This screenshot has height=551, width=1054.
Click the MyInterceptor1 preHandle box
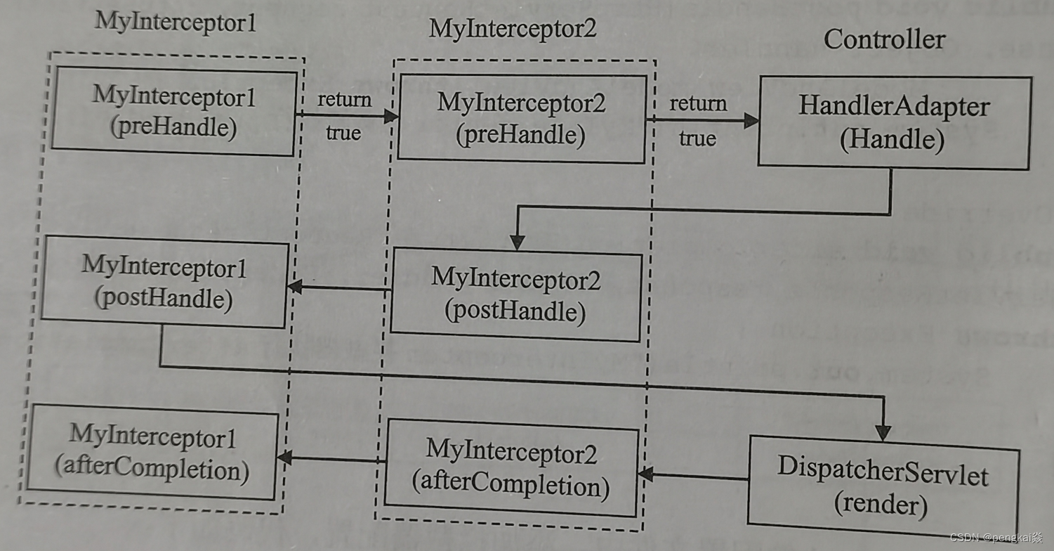pyautogui.click(x=173, y=111)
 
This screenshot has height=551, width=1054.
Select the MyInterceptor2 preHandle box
pyautogui.click(x=521, y=119)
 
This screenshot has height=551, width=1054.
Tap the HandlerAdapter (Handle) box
pyautogui.click(x=893, y=123)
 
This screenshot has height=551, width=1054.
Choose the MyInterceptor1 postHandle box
pyautogui.click(x=164, y=284)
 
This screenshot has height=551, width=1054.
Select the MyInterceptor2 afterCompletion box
pyautogui.click(x=511, y=467)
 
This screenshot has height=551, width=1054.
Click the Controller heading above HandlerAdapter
pyautogui.click(x=884, y=39)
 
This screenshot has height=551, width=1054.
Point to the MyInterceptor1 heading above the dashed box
pyautogui.click(x=175, y=21)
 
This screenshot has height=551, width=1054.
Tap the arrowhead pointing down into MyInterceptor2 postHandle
pyautogui.click(x=518, y=242)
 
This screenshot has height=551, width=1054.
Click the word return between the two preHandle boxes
pyautogui.click(x=344, y=100)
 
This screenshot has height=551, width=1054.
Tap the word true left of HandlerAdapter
pyautogui.click(x=697, y=138)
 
